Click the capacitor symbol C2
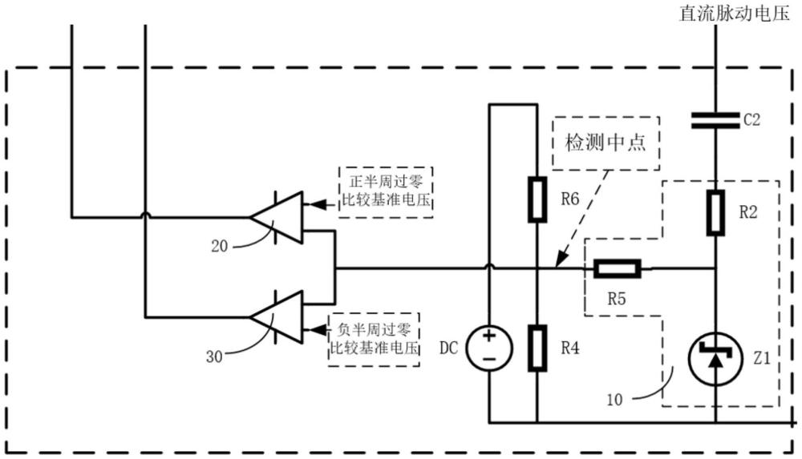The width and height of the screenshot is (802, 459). pyautogui.click(x=715, y=120)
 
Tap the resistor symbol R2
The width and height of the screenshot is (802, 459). pyautogui.click(x=715, y=212)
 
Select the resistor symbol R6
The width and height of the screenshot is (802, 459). pyautogui.click(x=537, y=199)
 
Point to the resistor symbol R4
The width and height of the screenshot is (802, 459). pyautogui.click(x=537, y=348)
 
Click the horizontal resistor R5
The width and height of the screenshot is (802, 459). pyautogui.click(x=618, y=268)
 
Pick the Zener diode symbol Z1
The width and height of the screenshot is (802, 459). pyautogui.click(x=715, y=357)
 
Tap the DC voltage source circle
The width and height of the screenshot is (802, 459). pyautogui.click(x=489, y=348)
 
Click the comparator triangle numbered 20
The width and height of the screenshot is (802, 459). pyautogui.click(x=276, y=218)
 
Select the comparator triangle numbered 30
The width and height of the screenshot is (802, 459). pyautogui.click(x=276, y=317)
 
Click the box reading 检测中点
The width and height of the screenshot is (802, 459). pyautogui.click(x=606, y=143)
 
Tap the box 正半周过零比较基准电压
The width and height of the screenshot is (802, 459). pyautogui.click(x=386, y=192)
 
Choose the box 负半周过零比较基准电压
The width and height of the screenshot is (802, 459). pyautogui.click(x=374, y=340)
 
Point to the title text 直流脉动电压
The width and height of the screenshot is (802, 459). pyautogui.click(x=735, y=13)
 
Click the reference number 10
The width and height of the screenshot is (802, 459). pyautogui.click(x=614, y=399)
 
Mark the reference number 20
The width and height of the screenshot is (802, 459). pyautogui.click(x=219, y=247)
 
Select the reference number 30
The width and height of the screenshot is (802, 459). pyautogui.click(x=214, y=356)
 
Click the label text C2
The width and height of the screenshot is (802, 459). pyautogui.click(x=752, y=120)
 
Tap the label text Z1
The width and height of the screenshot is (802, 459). pyautogui.click(x=762, y=358)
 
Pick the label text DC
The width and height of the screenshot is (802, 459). pyautogui.click(x=448, y=348)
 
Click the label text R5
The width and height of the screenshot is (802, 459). pyautogui.click(x=616, y=299)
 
